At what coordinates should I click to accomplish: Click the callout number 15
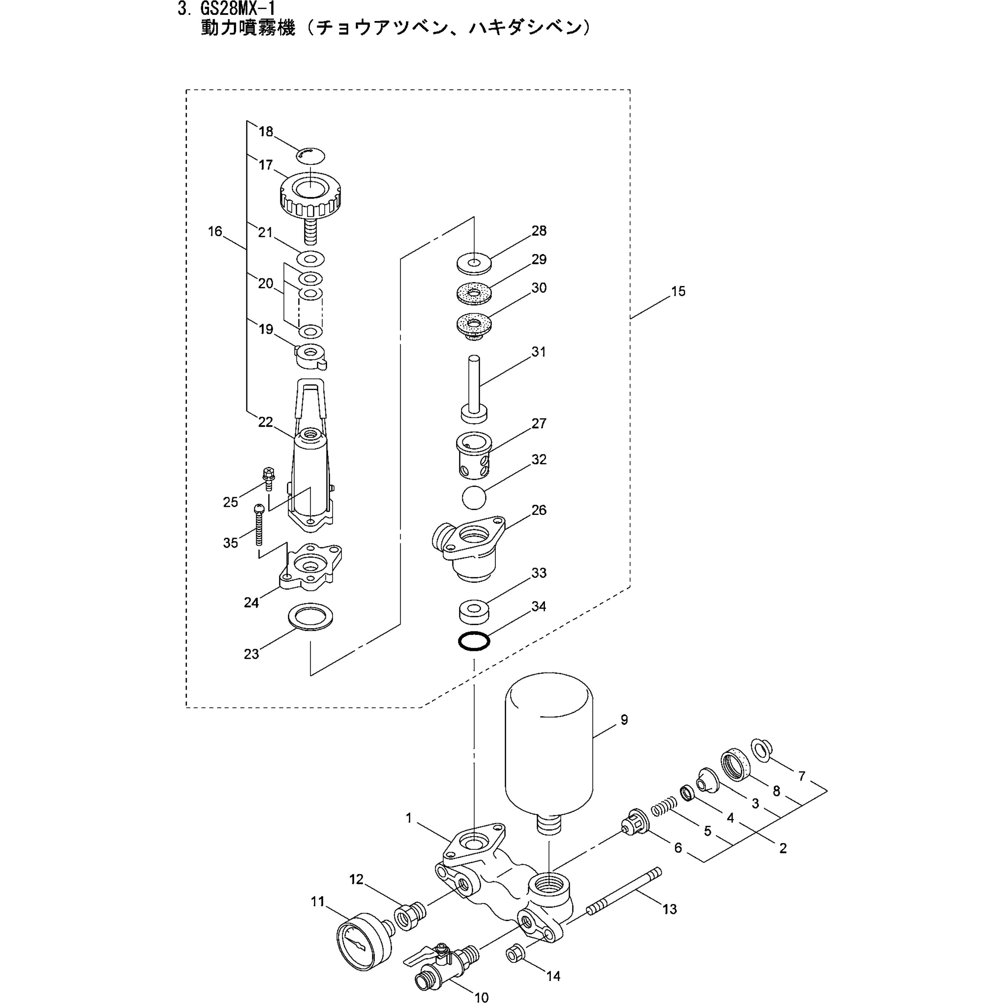[678, 291]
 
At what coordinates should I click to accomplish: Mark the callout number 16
[215, 231]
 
